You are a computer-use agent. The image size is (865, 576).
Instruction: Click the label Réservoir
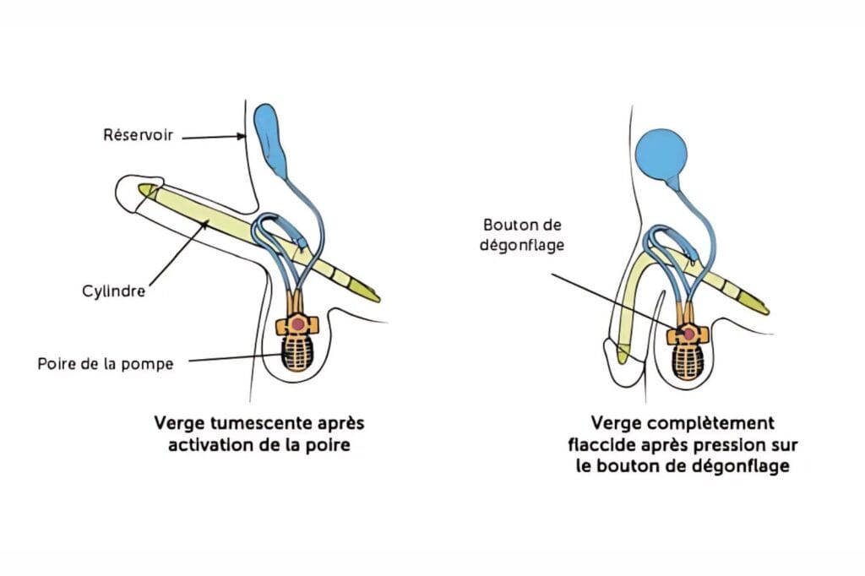(x=138, y=134)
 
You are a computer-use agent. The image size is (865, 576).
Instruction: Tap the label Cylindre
(x=116, y=291)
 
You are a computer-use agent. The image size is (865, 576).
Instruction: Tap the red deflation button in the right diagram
(x=689, y=335)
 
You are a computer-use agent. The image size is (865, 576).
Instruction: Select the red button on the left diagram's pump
(x=296, y=323)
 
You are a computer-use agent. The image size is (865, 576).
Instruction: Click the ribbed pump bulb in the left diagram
(x=296, y=353)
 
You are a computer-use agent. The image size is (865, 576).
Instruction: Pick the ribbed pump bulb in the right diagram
(x=689, y=361)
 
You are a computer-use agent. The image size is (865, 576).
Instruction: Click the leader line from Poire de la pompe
(x=237, y=361)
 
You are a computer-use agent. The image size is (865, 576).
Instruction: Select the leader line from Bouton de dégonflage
(x=617, y=302)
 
